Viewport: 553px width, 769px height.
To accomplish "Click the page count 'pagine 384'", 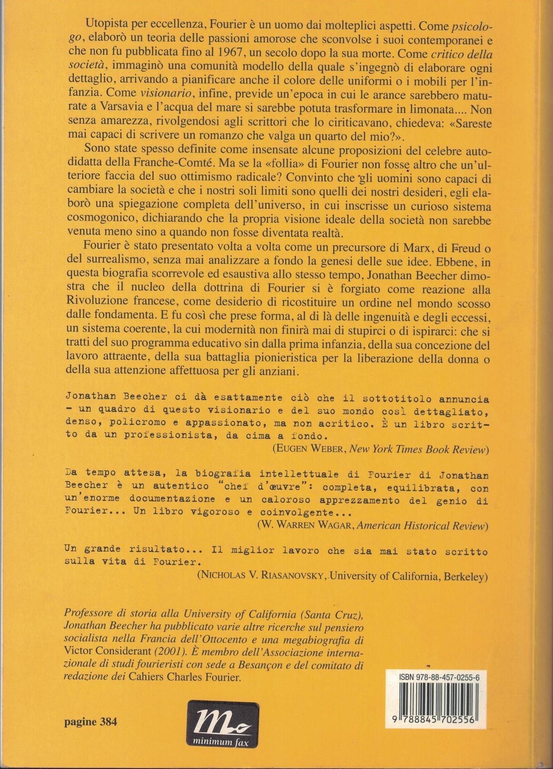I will (x=91, y=722).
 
